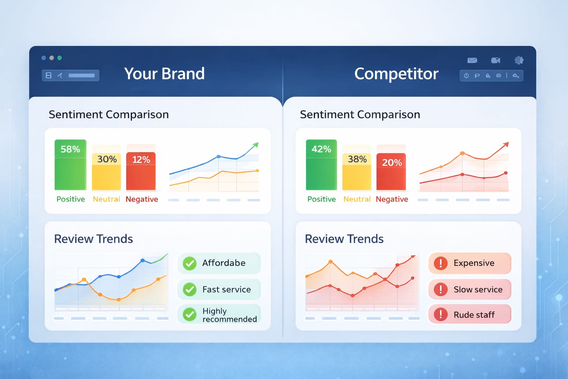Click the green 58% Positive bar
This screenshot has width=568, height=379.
point(70,165)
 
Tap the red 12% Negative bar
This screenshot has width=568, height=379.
point(141,171)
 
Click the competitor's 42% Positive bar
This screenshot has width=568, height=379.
point(321,165)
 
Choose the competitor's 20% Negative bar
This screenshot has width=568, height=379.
point(391,171)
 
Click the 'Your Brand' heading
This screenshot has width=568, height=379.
point(164,74)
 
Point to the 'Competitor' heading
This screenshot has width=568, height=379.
point(396,74)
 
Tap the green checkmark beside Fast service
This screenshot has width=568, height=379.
point(190,289)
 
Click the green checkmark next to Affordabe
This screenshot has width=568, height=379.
point(190,263)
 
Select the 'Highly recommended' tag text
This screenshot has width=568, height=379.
point(229,315)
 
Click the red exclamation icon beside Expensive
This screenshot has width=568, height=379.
point(440,263)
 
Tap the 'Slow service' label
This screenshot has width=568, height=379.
point(478,289)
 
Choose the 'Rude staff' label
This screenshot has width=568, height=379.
point(474,315)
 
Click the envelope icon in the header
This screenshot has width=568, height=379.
point(472,60)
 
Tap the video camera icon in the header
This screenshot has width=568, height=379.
point(496,60)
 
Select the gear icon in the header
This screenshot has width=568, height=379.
point(519,60)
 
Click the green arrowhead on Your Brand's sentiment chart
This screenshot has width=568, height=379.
point(255,145)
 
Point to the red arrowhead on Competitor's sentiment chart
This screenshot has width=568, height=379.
point(506,144)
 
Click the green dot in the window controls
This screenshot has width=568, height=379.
point(60,58)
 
